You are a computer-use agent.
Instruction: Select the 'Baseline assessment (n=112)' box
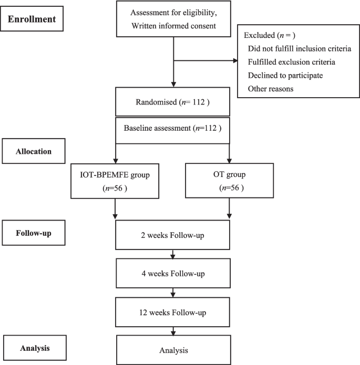tap(173, 128)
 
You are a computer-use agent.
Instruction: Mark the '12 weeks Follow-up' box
tap(173, 312)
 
